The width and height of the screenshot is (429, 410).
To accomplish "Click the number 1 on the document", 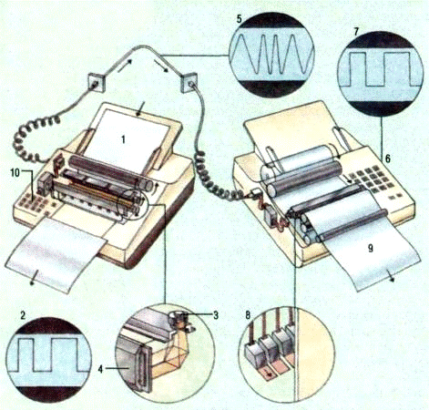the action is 123,139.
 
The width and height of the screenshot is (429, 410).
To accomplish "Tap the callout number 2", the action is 23,315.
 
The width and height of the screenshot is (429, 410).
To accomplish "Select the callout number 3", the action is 216,315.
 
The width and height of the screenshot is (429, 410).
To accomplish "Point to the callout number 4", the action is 101,369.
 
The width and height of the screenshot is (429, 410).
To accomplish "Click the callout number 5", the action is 240,19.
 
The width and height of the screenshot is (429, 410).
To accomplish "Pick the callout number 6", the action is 388,159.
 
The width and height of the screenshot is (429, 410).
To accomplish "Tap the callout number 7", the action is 356,32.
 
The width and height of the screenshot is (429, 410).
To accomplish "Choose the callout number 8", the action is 248,315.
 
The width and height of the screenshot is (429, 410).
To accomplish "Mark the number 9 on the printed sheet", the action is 371,248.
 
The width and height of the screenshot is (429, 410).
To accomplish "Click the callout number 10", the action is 15,173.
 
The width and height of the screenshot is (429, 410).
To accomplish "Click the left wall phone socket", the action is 97,82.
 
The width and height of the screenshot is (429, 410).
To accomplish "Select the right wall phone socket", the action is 189,84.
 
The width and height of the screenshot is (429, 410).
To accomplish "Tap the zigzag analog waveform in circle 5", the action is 271,54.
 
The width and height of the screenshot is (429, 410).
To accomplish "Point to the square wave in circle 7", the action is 380,69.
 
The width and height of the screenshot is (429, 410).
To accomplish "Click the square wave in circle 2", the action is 48,354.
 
